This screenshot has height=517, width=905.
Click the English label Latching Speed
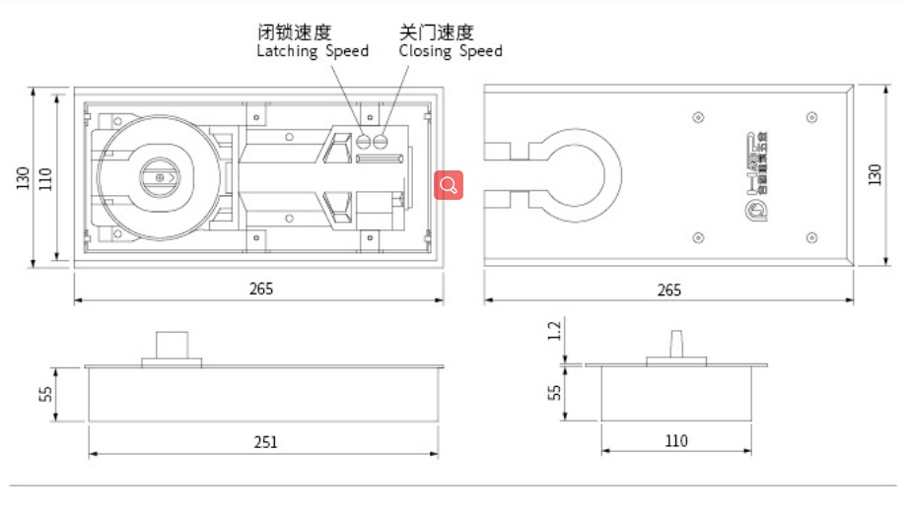coord(313,51)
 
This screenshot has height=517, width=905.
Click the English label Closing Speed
coord(451,51)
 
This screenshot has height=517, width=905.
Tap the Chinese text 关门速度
coord(436,32)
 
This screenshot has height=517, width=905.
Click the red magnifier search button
coord(449,184)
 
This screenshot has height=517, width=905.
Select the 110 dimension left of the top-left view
coord(45,179)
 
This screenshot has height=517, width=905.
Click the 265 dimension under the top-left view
coord(260,289)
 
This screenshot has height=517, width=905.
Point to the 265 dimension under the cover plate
coord(668,290)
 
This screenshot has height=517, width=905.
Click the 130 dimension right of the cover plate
coord(874,175)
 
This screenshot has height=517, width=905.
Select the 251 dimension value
coord(264,442)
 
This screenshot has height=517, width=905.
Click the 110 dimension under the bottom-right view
coord(676,441)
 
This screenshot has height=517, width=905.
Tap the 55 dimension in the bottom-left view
coord(45,395)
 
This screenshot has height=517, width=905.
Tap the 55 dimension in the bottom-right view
coord(555,392)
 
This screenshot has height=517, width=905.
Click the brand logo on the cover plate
coord(756,175)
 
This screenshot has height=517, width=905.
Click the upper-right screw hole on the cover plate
coord(811,118)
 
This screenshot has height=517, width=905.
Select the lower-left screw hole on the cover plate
coord(698,236)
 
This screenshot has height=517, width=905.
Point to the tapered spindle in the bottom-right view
coord(676,346)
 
